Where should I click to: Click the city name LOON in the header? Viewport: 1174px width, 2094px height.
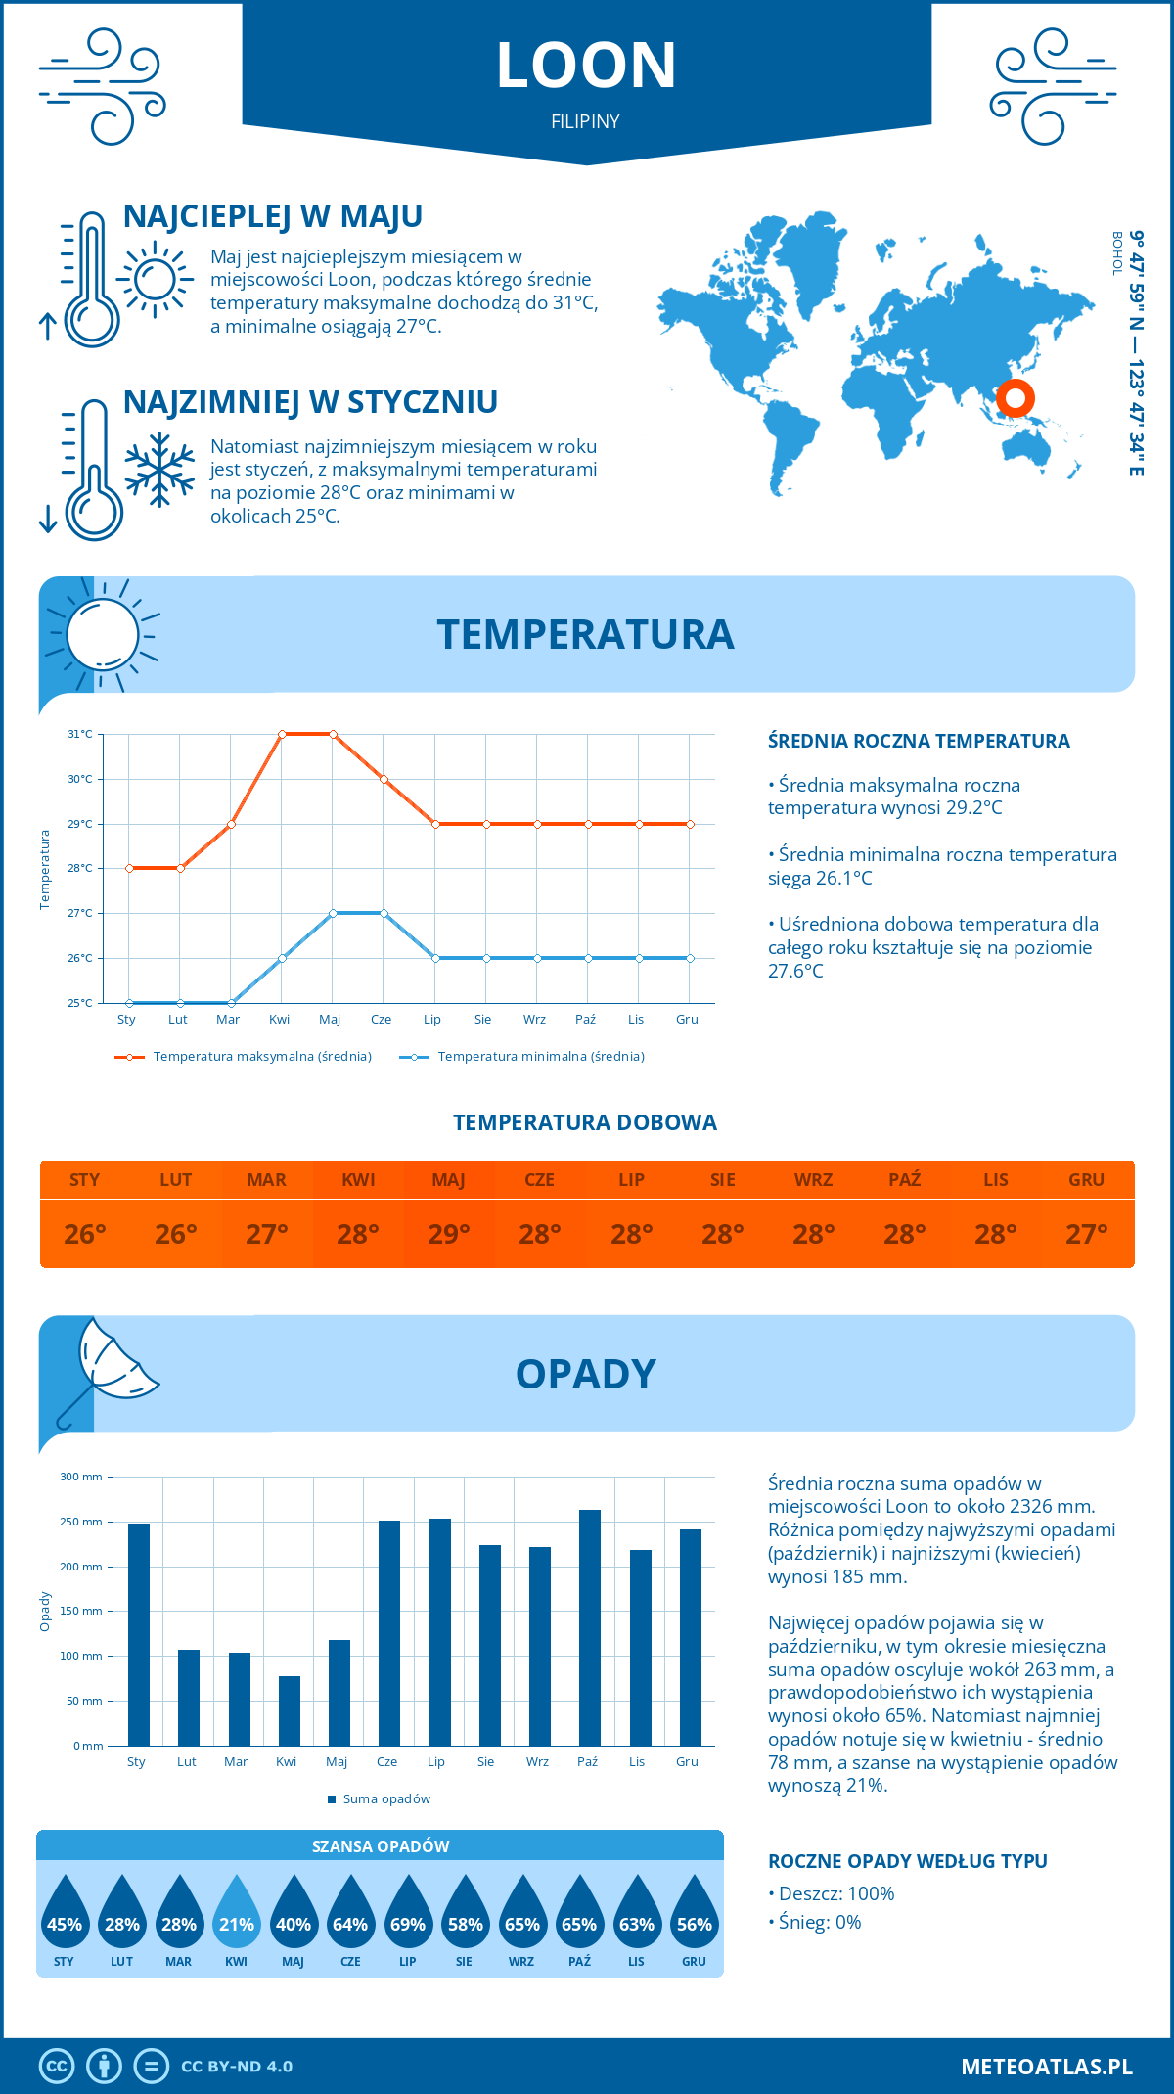tap(586, 66)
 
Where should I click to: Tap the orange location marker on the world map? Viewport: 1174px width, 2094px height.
tap(1015, 398)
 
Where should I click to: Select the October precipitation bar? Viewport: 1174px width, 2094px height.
tap(589, 1627)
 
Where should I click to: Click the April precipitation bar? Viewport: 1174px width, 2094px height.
tap(289, 1710)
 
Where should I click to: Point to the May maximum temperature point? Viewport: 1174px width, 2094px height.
tap(333, 734)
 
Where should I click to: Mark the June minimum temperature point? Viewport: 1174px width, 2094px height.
tap(384, 913)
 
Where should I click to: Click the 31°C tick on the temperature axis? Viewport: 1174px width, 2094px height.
tap(80, 734)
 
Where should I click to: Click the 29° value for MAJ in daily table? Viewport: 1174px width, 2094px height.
tap(448, 1234)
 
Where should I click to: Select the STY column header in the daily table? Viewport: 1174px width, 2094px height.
tap(85, 1180)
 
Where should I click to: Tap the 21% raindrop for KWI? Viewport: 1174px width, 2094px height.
tap(237, 1912)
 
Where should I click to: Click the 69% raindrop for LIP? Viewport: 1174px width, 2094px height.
tap(408, 1912)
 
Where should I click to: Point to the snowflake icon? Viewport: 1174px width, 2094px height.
tap(159, 470)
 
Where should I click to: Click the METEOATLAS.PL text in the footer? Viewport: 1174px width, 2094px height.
tap(1046, 2067)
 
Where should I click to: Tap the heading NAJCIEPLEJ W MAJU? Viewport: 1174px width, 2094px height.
tap(273, 216)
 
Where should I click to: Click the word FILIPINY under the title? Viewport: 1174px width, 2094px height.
tap(585, 121)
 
